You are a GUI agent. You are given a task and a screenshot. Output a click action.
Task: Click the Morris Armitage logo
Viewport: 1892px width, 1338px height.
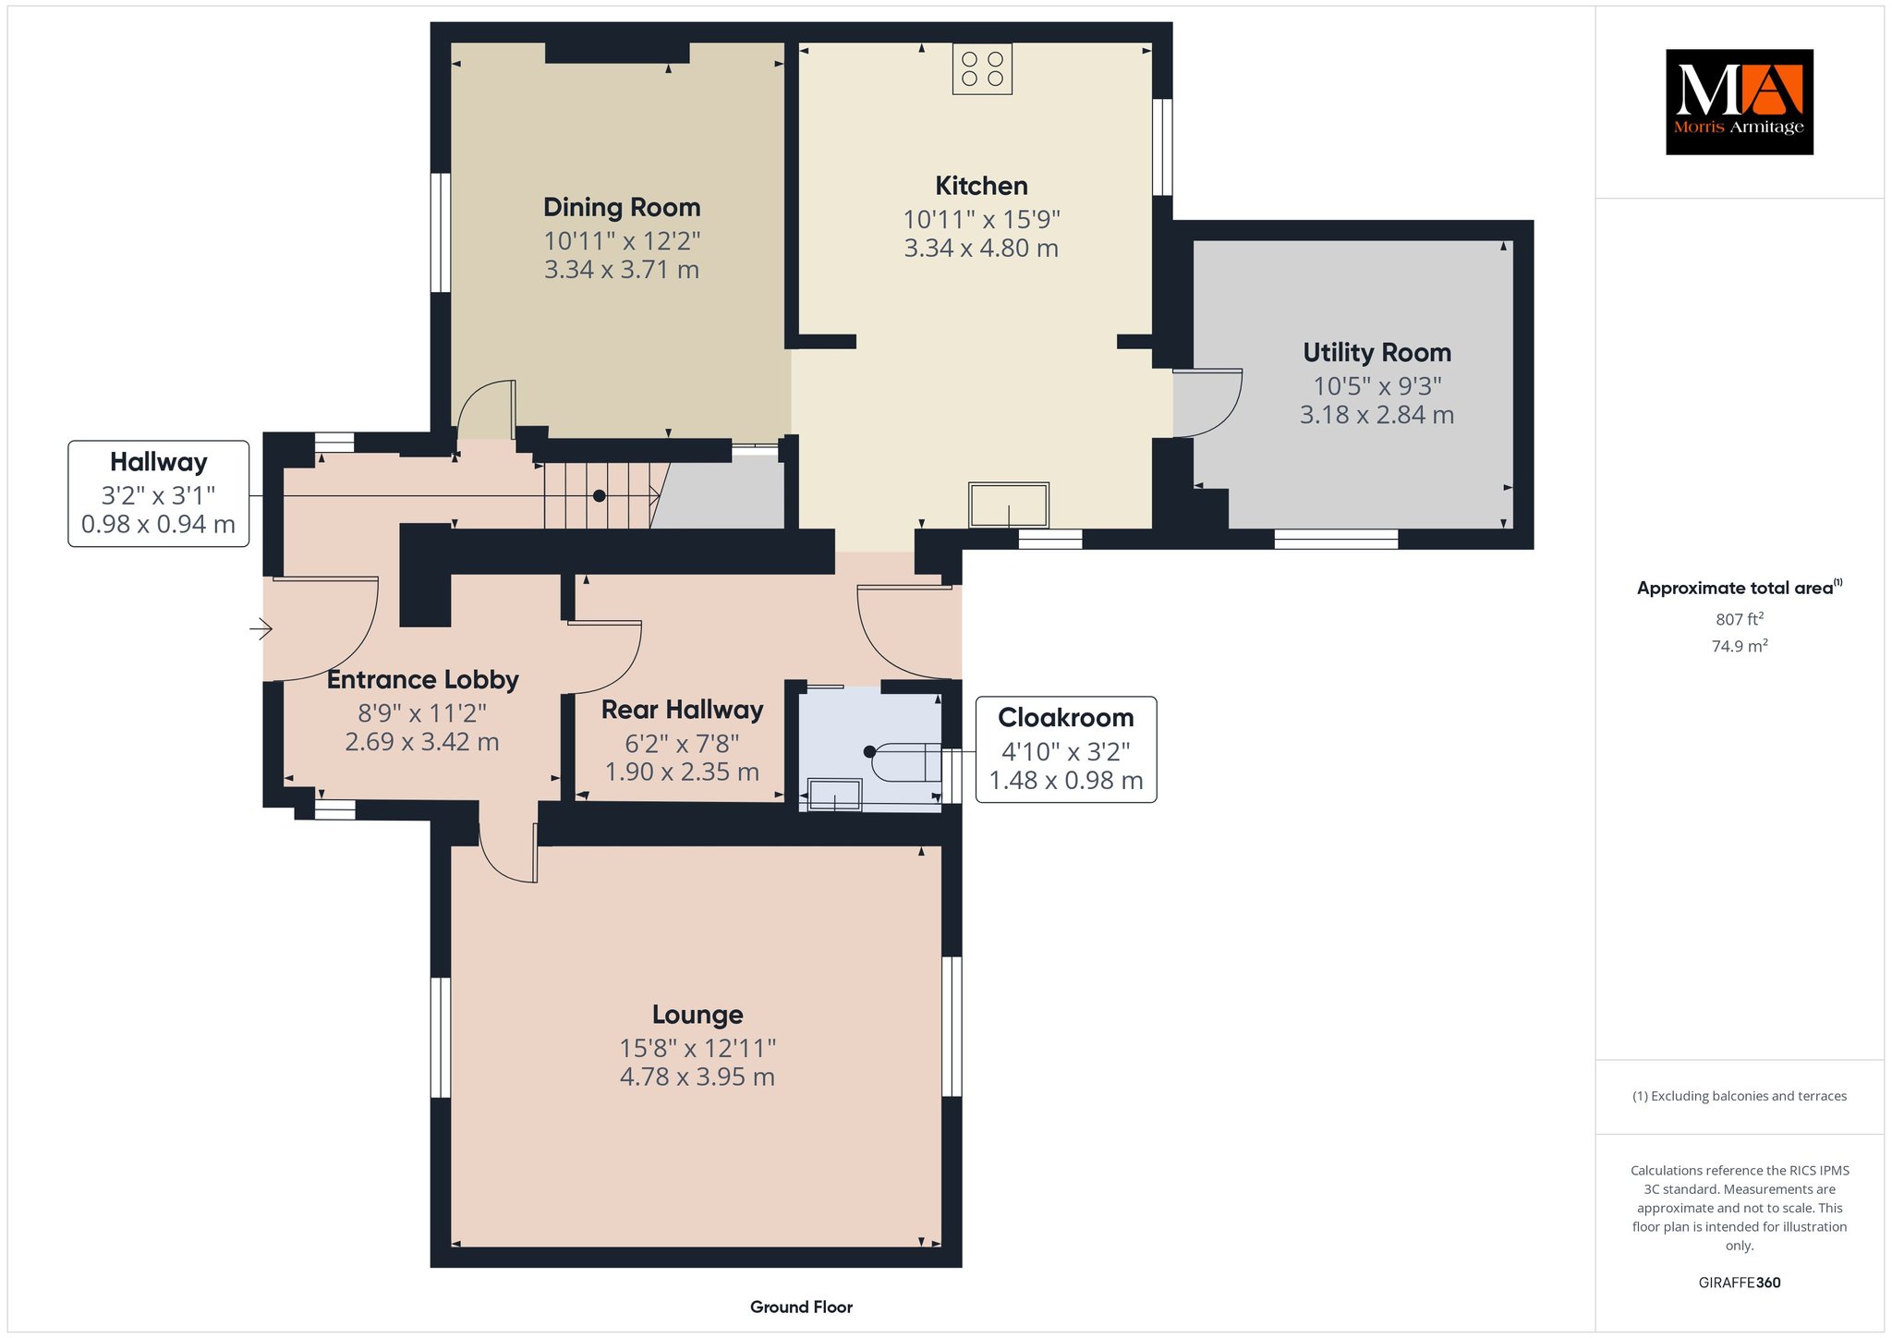(x=1739, y=102)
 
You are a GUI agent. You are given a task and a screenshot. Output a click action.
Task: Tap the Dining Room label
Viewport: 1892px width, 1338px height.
(x=622, y=207)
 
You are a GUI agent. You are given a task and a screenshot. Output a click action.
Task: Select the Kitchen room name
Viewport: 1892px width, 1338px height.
(x=981, y=186)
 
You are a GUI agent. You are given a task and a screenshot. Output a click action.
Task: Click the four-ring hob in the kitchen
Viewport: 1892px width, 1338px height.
(x=982, y=69)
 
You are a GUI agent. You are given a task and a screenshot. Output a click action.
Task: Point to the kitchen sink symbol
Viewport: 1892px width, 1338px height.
(x=1009, y=505)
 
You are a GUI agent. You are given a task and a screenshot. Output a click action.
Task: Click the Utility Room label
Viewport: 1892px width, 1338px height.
(x=1377, y=353)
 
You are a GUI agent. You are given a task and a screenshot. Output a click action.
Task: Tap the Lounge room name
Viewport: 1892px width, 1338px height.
(x=697, y=1015)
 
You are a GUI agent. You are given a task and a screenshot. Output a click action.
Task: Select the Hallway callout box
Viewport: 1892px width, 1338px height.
(x=159, y=493)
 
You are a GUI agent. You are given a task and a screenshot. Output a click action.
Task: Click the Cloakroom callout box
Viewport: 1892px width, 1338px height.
(x=1066, y=749)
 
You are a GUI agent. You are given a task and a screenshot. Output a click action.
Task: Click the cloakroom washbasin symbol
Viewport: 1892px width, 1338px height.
(x=835, y=796)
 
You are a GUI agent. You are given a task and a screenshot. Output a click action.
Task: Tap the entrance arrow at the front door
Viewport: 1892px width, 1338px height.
(x=261, y=630)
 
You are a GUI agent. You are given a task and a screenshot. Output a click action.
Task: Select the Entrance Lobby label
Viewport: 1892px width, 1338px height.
(x=423, y=680)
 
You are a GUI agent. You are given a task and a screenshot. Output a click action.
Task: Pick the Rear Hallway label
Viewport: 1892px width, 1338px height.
(x=683, y=710)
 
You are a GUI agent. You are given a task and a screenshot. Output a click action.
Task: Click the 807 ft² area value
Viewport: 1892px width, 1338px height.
(x=1740, y=619)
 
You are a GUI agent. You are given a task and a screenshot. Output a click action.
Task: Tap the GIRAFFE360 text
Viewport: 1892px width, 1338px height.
(x=1740, y=1283)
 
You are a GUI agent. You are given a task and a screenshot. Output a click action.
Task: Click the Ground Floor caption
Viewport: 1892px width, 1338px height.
(x=801, y=1307)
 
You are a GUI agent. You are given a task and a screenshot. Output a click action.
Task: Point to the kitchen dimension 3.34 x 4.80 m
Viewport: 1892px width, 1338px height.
(x=981, y=248)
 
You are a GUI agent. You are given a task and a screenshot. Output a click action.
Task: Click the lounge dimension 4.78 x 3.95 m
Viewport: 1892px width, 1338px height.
(x=697, y=1076)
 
